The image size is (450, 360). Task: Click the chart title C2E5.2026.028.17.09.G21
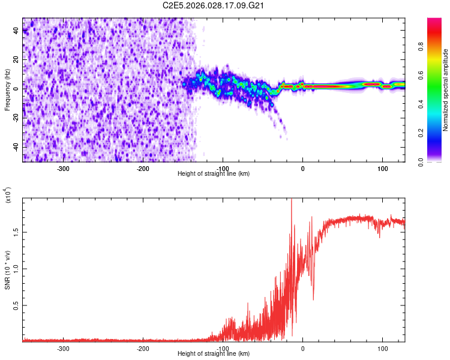[x=214, y=5]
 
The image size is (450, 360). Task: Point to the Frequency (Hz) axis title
[x=8, y=90]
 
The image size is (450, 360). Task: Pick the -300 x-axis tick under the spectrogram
[x=63, y=168]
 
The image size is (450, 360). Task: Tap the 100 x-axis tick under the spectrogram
[x=382, y=168]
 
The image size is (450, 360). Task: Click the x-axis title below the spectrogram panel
[x=214, y=173]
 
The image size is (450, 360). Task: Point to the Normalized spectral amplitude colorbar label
[x=445, y=90]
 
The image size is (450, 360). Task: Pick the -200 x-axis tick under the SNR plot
[x=143, y=348]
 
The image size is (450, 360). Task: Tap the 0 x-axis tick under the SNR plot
[x=302, y=348]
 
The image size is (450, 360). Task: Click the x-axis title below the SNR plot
[x=214, y=353]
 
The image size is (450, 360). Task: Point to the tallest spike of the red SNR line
[x=291, y=200]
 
